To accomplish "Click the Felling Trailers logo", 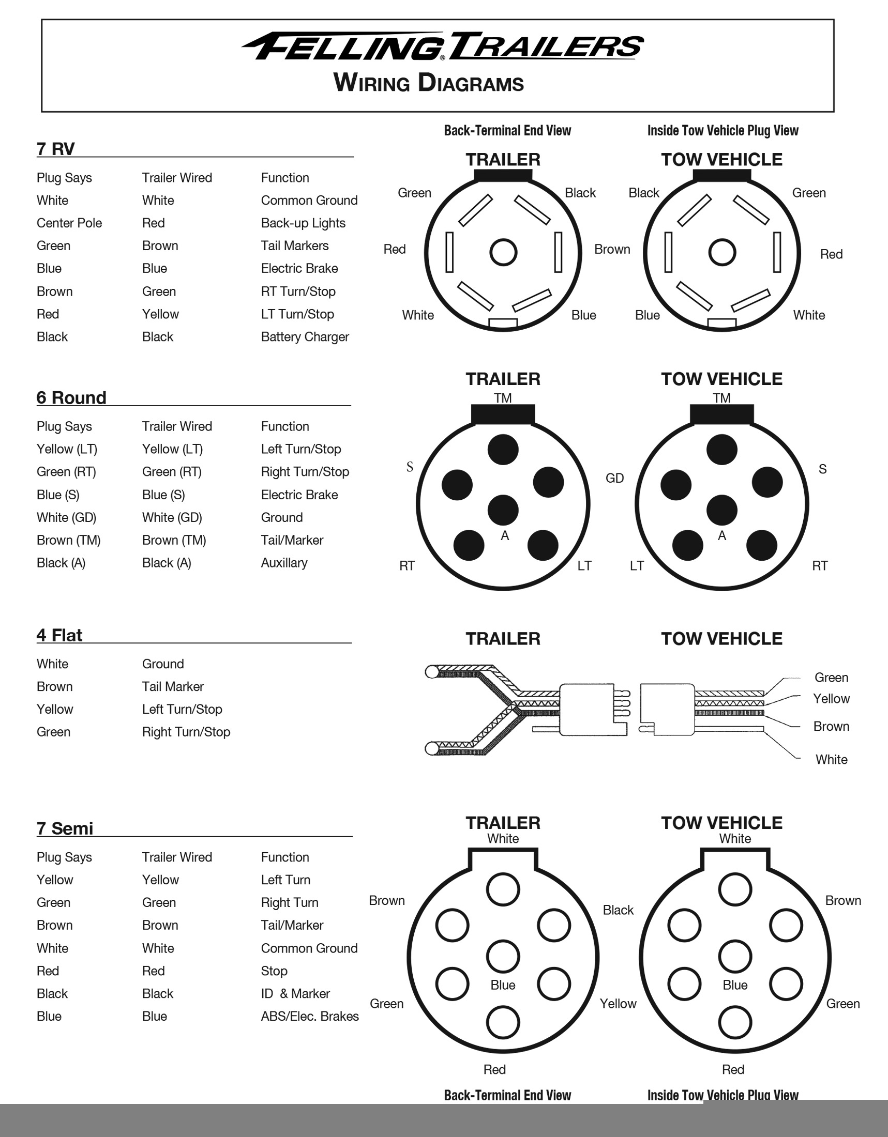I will tap(443, 47).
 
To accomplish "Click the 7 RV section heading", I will tap(55, 149).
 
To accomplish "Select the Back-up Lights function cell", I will tap(303, 223).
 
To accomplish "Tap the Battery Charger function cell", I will tap(305, 337).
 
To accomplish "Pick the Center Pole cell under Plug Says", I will tap(69, 223).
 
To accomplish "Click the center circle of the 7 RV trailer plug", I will tap(503, 253).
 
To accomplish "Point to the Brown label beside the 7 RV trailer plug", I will tap(612, 250).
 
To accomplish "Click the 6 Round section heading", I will tap(71, 398).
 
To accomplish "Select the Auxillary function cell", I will tap(284, 563).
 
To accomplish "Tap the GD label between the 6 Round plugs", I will tap(614, 478).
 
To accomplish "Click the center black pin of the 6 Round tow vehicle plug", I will tap(721, 509).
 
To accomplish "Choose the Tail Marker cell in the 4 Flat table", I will tap(173, 687).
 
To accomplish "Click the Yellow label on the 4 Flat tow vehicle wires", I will tap(831, 699).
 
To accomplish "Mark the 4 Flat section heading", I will tap(59, 635).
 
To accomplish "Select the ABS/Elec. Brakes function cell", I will tap(310, 1016).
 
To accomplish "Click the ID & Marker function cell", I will tap(295, 993).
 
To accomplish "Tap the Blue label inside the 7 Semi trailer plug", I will tap(503, 985).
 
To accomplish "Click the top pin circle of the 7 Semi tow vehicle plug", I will tap(735, 890).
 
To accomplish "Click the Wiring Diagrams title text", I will tap(429, 83).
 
